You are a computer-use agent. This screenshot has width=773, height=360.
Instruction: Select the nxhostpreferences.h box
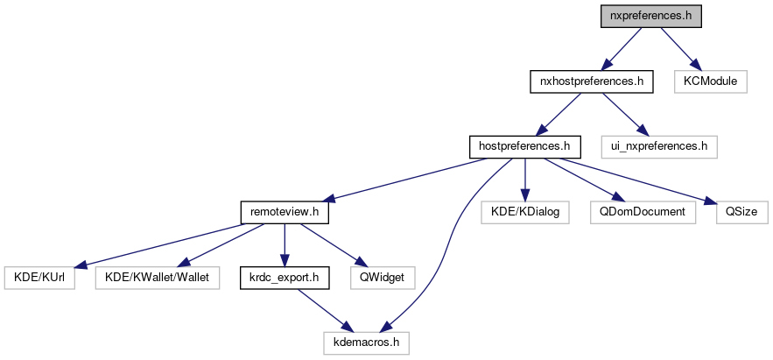(x=592, y=82)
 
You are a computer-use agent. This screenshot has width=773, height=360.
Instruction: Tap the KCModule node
(x=710, y=82)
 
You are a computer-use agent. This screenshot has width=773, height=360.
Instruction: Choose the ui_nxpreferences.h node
(x=659, y=145)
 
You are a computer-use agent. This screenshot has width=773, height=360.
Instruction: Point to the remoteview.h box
(x=285, y=211)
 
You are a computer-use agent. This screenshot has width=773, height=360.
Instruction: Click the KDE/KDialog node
(x=524, y=211)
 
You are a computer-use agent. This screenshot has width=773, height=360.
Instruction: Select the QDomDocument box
(x=643, y=211)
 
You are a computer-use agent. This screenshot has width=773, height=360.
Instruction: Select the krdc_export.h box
(x=285, y=279)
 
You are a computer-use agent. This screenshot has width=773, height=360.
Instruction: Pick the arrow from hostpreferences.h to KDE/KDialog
(x=524, y=179)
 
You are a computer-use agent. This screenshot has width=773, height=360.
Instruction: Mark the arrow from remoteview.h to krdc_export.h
(x=285, y=244)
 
